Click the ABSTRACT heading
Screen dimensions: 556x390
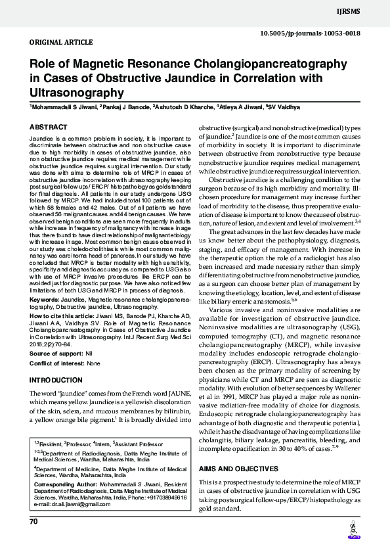click(x=48, y=127)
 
